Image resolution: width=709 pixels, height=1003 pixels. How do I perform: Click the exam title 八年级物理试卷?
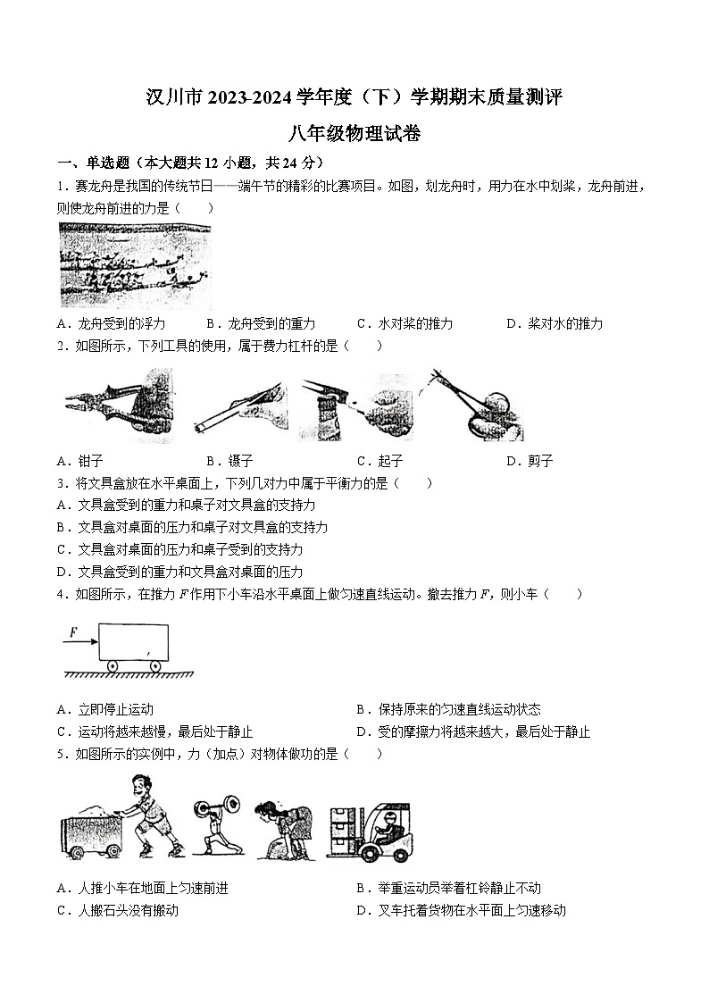click(x=354, y=134)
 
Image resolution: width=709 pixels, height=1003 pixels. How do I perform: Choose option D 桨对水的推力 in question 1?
click(x=555, y=323)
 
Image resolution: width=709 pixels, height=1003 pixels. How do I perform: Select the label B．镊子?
click(x=229, y=461)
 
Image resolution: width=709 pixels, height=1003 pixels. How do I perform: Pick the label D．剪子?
click(x=530, y=461)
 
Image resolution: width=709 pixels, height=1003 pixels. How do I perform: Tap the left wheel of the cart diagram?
click(x=113, y=666)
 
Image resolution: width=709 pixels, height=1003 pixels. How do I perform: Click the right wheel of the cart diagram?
click(x=155, y=666)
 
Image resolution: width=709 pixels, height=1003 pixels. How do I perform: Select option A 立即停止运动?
click(x=104, y=710)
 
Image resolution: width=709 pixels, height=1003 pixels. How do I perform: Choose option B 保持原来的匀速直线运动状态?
click(x=448, y=710)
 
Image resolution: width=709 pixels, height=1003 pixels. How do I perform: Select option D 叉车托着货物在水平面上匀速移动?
click(x=461, y=910)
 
